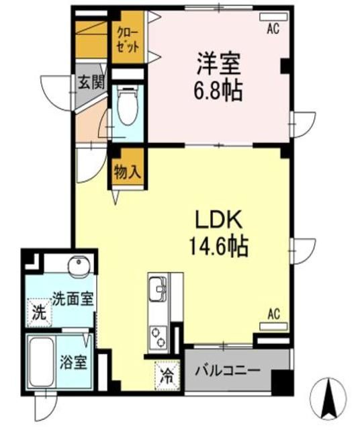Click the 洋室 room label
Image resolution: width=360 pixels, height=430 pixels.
(219, 65)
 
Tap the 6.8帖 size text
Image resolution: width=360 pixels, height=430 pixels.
(219, 90)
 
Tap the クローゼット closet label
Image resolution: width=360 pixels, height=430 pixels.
(128, 41)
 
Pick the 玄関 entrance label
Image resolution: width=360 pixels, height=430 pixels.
(88, 83)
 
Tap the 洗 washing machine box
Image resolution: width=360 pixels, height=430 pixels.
(40, 312)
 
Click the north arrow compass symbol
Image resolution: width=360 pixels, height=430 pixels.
(330, 397)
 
